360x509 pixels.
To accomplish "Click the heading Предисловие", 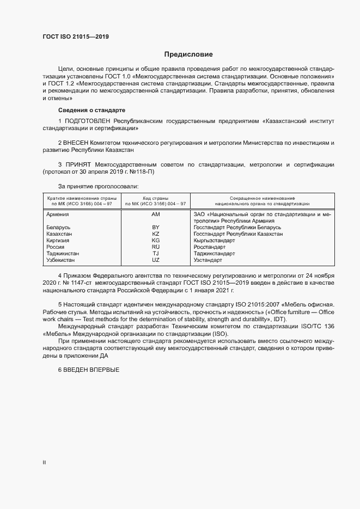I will point(188,54).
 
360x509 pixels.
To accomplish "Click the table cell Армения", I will point(58,214).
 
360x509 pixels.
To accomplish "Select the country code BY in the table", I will point(155,227).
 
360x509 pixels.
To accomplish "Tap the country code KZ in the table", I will point(155,234).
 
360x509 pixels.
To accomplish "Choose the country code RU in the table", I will point(155,247).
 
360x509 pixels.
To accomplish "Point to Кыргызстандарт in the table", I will point(214,240).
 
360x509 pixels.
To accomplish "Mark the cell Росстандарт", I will point(209,247).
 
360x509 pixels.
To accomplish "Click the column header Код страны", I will point(155,198).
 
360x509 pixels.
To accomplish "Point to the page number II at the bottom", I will point(44,463).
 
